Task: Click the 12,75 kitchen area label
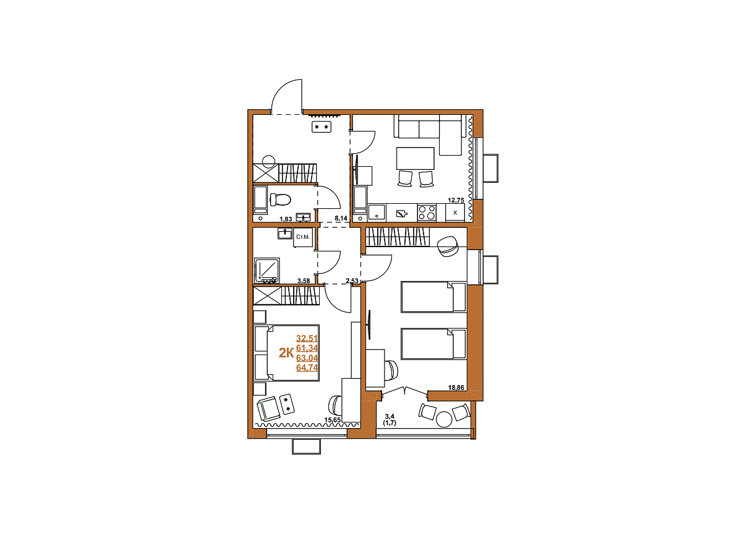(456, 200)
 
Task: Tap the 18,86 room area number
(456, 387)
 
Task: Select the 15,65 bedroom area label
(332, 419)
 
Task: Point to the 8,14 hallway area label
(341, 219)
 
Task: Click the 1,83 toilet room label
(286, 219)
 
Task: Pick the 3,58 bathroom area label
(303, 280)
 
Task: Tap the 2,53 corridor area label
(352, 280)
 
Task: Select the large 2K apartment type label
(286, 353)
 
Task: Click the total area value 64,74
(307, 368)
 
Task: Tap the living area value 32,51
(307, 338)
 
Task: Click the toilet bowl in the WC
(280, 199)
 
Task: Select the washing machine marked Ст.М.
(303, 237)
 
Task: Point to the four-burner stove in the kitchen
(427, 212)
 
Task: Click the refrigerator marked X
(455, 212)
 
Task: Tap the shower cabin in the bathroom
(267, 271)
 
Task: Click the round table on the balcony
(444, 419)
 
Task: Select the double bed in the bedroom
(286, 353)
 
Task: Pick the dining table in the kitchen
(416, 158)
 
